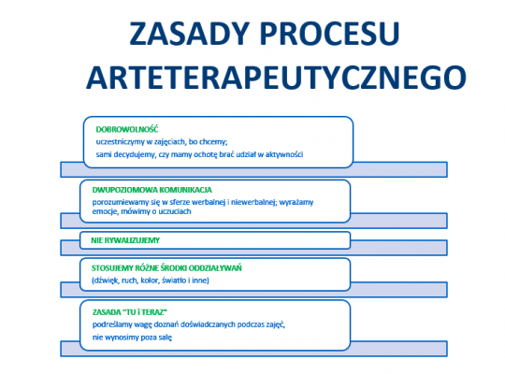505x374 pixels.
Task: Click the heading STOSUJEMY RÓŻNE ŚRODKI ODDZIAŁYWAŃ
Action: click(x=166, y=267)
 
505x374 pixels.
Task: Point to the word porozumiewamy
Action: click(x=124, y=201)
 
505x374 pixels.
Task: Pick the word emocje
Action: click(x=105, y=212)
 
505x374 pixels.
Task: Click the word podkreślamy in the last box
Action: click(x=117, y=324)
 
